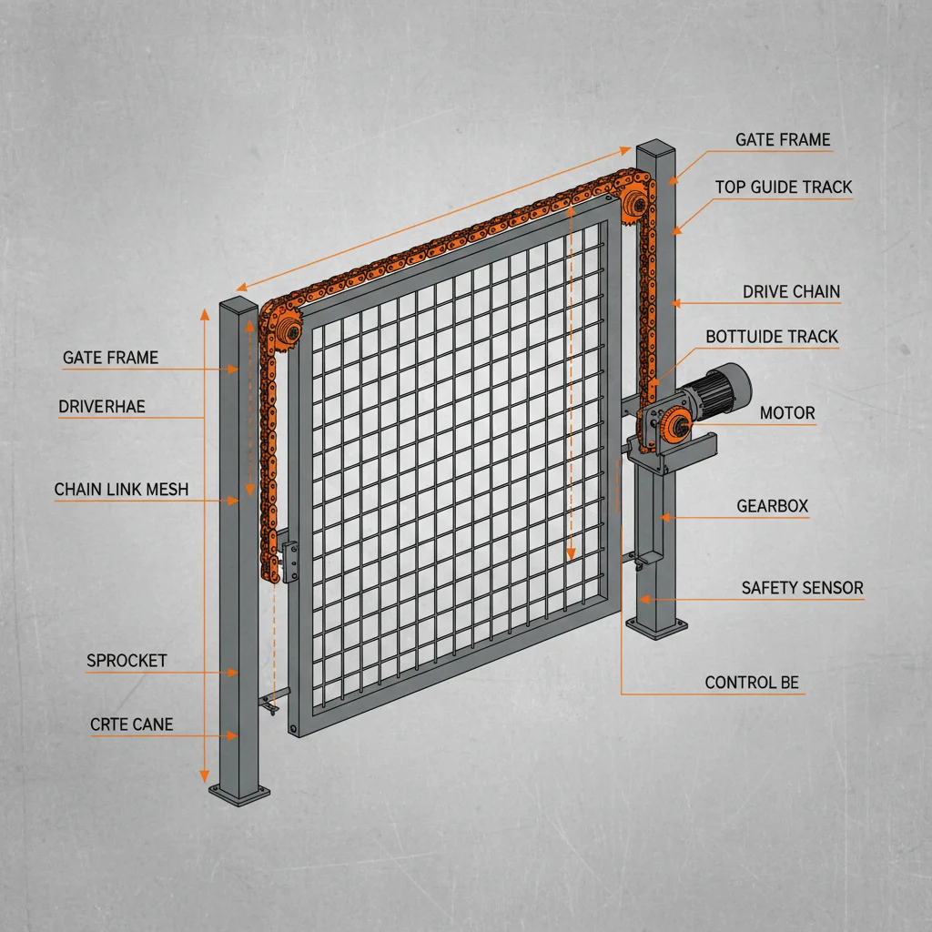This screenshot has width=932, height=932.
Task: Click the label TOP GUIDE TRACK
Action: pos(783,187)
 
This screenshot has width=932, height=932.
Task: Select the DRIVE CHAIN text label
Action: pos(791,292)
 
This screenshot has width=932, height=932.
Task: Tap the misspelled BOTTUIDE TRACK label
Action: pos(772,337)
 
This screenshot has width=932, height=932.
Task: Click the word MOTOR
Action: pos(787,413)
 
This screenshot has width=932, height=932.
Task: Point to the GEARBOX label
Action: pos(772,506)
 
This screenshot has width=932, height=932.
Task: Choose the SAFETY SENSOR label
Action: pos(802,588)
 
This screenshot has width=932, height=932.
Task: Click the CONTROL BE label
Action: pos(752,683)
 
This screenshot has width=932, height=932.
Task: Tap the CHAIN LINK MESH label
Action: pos(121,490)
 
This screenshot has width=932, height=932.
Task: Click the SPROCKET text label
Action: pos(127,661)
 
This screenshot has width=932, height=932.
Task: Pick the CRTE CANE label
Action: pos(131,724)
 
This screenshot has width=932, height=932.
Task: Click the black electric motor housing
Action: pos(724,388)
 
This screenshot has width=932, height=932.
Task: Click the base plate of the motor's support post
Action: pos(656,625)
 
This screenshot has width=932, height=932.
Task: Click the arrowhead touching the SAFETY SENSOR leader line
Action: pos(643,599)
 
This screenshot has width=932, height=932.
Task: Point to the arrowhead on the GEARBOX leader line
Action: pos(664,517)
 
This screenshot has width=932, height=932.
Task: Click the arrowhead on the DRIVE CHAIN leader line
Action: pos(675,302)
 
